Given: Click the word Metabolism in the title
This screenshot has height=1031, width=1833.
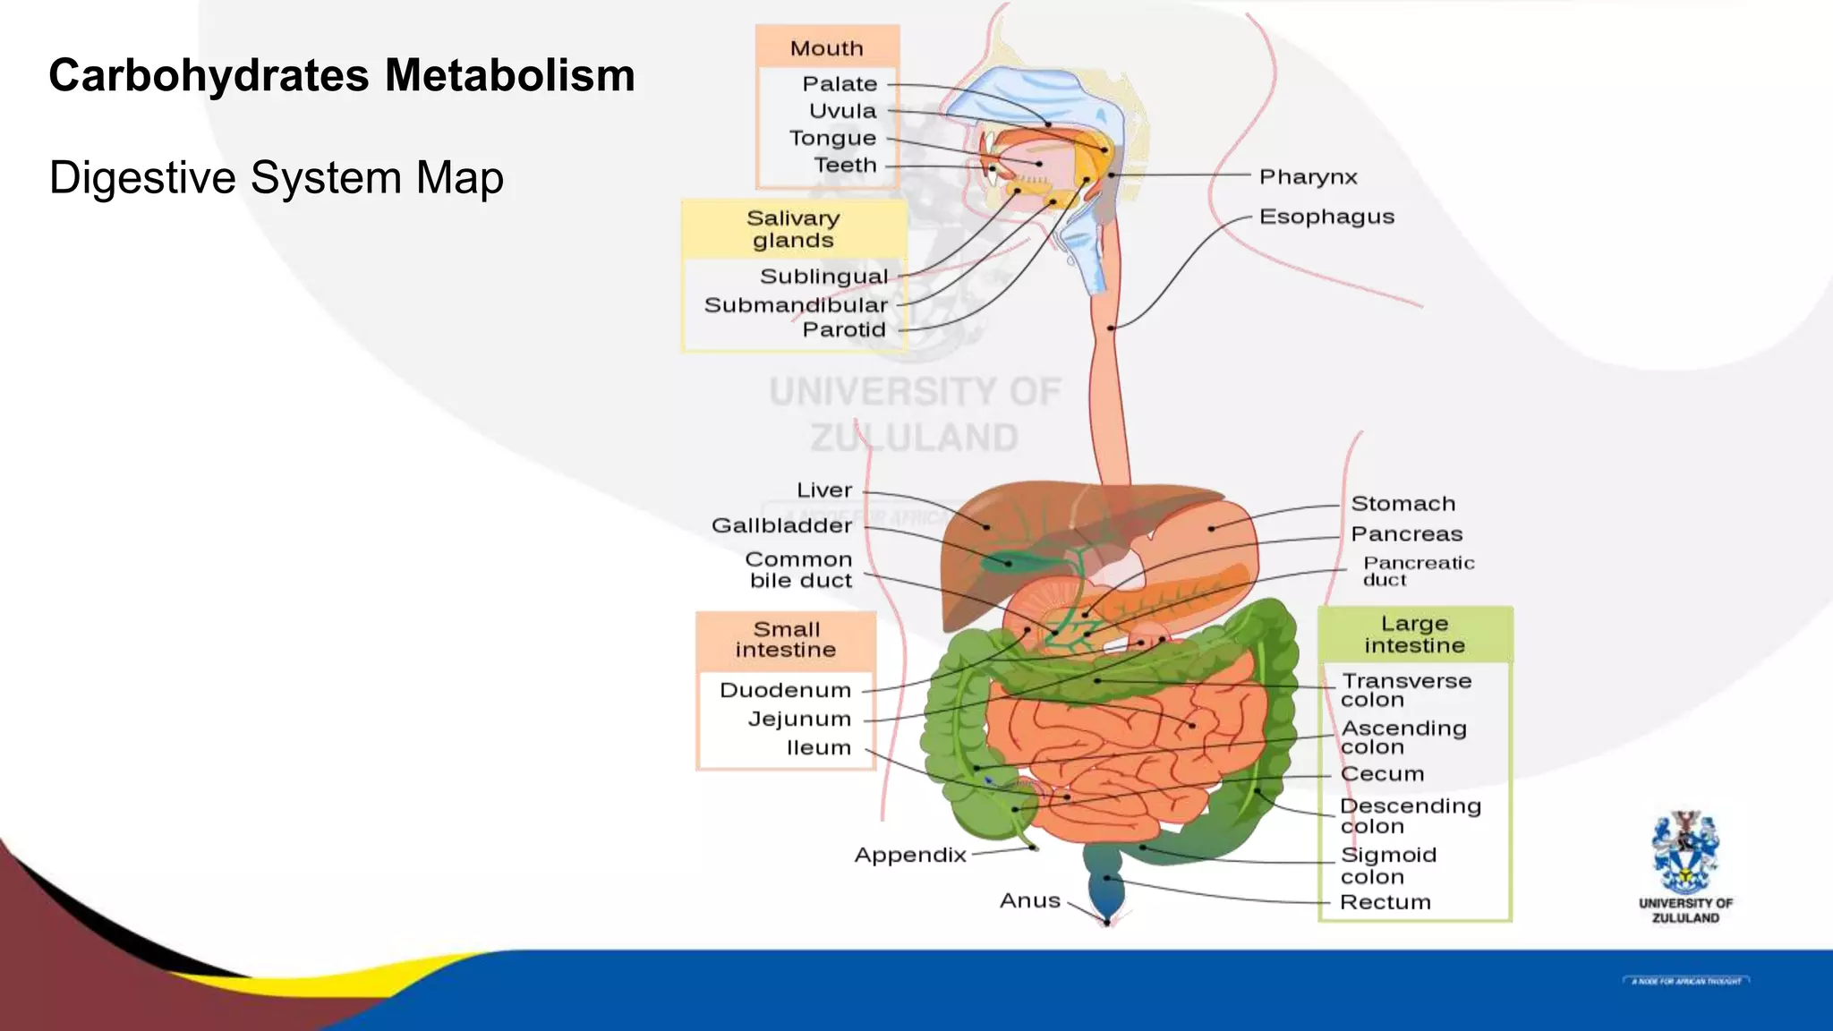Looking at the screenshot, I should tap(509, 75).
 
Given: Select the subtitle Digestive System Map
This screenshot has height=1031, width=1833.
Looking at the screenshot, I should tap(276, 177).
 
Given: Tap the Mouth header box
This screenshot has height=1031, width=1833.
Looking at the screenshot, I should tap(827, 47).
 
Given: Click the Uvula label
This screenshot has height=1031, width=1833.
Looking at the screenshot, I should tap(842, 111).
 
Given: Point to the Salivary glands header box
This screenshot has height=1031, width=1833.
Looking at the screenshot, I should tap(794, 229).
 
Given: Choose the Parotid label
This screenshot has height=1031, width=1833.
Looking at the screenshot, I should tap(844, 329).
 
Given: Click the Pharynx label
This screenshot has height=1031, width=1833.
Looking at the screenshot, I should tap(1308, 177).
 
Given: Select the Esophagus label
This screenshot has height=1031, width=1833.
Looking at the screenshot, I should tap(1326, 217).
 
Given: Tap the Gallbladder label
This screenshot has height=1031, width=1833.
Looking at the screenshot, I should tap(781, 525).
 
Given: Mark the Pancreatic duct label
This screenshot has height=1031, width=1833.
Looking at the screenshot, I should tap(1418, 571).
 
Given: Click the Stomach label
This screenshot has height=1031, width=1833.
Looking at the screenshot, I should tap(1402, 504).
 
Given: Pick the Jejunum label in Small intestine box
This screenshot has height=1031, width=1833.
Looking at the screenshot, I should tap(799, 719).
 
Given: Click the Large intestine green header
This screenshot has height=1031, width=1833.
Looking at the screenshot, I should tap(1414, 634).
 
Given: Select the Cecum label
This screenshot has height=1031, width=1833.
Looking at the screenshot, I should tap(1382, 774).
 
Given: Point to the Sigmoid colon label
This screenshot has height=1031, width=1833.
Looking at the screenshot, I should tap(1387, 865).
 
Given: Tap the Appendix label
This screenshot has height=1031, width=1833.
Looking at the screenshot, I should tap(910, 855).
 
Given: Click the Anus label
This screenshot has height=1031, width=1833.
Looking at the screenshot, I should tap(1029, 900).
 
